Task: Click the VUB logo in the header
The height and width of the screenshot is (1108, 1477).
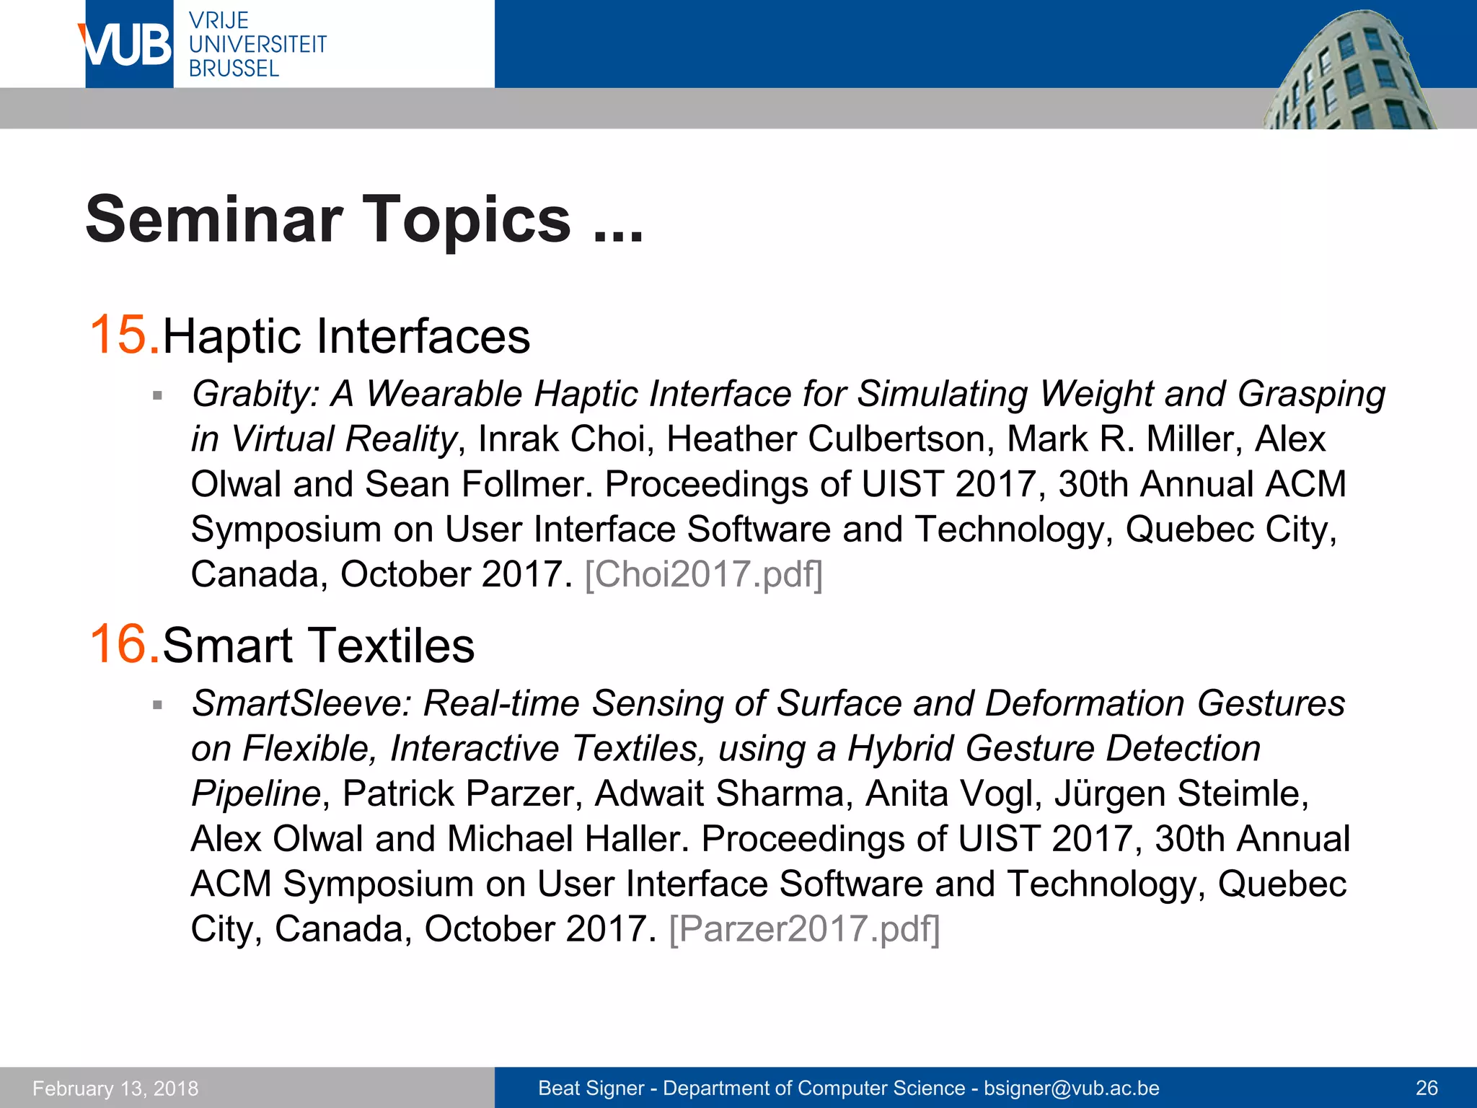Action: tap(128, 45)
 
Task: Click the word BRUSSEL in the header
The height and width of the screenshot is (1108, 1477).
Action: tap(234, 69)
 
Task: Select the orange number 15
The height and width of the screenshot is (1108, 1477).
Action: tap(120, 335)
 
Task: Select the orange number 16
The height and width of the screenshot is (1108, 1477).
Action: tap(120, 643)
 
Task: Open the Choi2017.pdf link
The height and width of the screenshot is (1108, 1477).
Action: tap(703, 575)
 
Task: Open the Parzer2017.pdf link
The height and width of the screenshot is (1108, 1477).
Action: tap(804, 929)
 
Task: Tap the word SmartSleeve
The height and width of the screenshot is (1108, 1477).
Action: tap(300, 703)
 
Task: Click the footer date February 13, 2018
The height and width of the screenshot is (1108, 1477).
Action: tap(115, 1089)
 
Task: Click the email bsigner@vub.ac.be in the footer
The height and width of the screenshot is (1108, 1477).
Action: tap(1071, 1089)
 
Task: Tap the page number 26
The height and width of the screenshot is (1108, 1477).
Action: tap(1427, 1089)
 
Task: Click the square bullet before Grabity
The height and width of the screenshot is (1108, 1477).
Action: tap(157, 395)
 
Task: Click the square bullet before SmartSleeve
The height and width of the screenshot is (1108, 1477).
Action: tap(157, 705)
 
